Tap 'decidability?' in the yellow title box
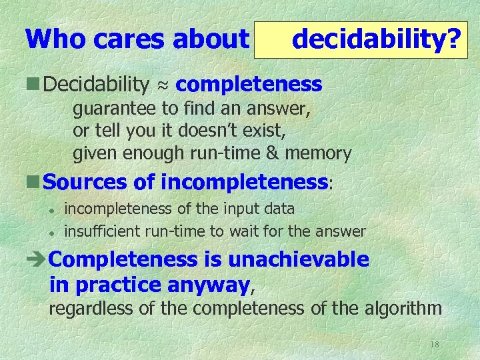click(x=377, y=39)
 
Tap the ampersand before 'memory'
click(x=273, y=153)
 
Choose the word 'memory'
click(x=318, y=154)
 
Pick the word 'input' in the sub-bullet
click(x=233, y=209)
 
